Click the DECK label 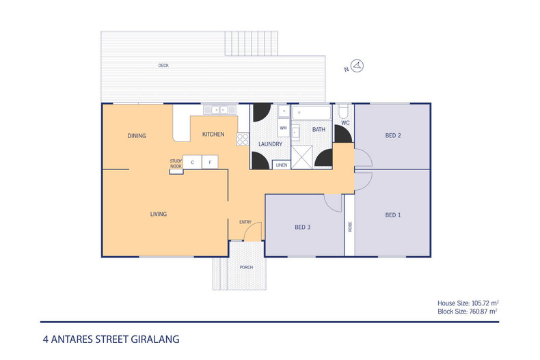click(x=163, y=66)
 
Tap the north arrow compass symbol click(x=362, y=66)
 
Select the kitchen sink click(x=219, y=109)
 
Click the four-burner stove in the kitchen click(x=242, y=139)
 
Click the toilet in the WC click(x=345, y=111)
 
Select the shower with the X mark click(x=302, y=158)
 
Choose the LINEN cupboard click(x=281, y=165)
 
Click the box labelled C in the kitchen click(x=192, y=163)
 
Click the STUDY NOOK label click(x=176, y=163)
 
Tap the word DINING click(x=137, y=136)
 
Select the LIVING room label click(x=159, y=214)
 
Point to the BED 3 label click(x=303, y=227)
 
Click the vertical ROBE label click(x=349, y=226)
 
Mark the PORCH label click(x=245, y=267)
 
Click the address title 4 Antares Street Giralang click(x=110, y=338)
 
